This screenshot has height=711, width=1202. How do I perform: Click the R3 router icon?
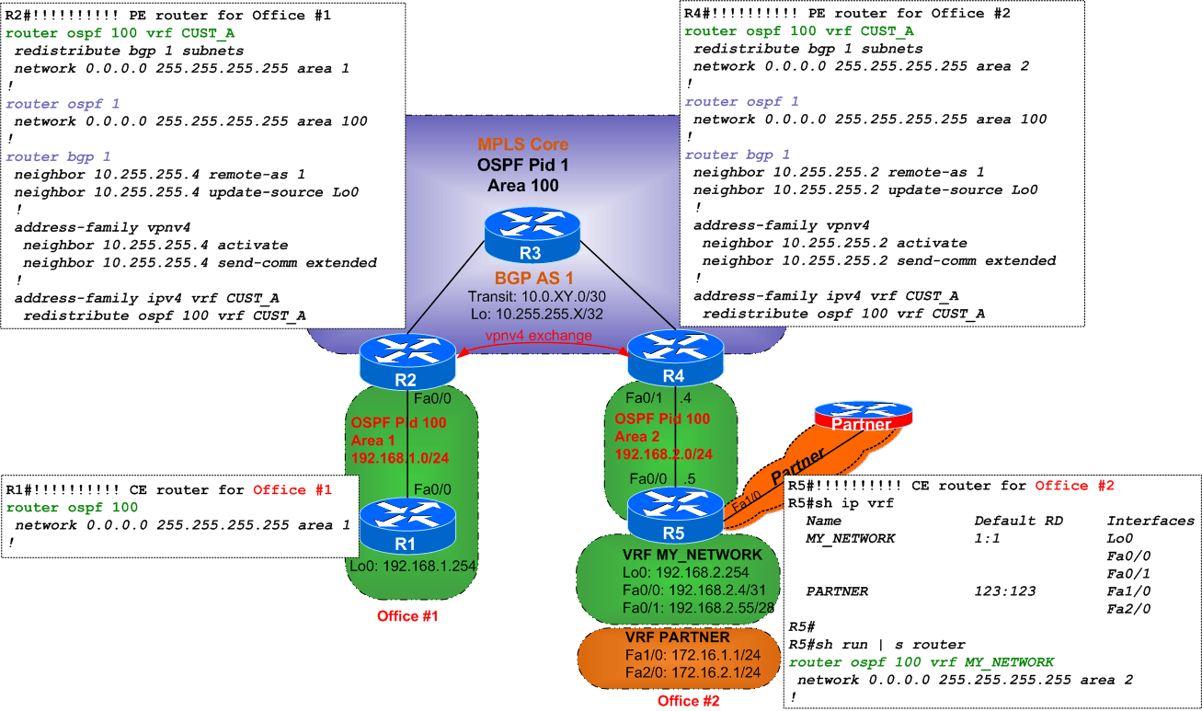pos(533,234)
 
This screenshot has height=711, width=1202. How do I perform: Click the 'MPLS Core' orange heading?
pos(522,144)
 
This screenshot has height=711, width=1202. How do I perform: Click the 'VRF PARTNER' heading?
pos(677,637)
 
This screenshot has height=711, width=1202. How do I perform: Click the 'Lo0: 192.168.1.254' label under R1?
pos(412,567)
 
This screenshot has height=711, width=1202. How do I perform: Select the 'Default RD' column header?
pos(1018,521)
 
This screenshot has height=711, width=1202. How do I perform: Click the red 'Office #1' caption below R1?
pos(407,615)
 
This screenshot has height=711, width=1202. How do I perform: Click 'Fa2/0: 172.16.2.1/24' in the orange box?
pos(691,673)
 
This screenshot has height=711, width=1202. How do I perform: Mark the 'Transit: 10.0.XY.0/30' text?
pos(535,296)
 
